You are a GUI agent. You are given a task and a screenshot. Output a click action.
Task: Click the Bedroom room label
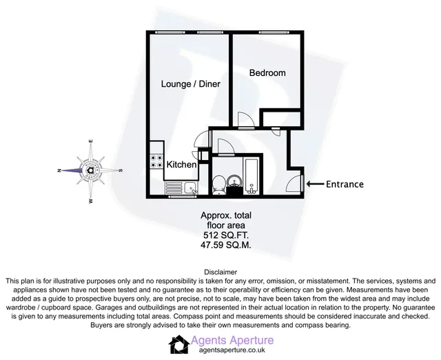point(267,73)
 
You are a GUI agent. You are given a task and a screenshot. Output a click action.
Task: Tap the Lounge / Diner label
point(190,84)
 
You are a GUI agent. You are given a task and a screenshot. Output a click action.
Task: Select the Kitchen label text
point(181,164)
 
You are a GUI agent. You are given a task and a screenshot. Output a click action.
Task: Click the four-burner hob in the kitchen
point(156,161)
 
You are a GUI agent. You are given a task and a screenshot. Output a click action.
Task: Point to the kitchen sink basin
point(190,188)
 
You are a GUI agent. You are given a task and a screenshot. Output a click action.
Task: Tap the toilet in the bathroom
point(218,185)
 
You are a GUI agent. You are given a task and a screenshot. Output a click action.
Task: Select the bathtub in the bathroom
point(251,176)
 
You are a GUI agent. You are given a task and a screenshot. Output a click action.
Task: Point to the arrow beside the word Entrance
point(315,184)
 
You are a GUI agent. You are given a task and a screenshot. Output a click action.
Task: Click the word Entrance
point(345,184)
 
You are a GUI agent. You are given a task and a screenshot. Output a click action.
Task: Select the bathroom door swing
point(226,147)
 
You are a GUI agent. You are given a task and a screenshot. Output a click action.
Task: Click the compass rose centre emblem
point(90,170)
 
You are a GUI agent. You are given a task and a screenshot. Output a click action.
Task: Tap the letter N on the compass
point(59,170)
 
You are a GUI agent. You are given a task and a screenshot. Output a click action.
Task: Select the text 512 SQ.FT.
point(226,235)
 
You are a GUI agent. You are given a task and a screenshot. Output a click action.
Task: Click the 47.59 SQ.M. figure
point(225,245)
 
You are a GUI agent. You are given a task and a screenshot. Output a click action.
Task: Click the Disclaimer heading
point(220,272)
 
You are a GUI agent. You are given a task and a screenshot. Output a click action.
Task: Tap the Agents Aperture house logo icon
point(179,345)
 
